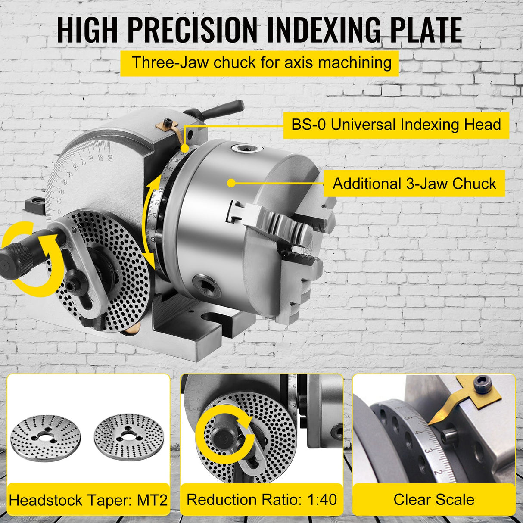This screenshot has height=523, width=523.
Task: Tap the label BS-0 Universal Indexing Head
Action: tap(396, 125)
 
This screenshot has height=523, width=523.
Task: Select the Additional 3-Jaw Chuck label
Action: tap(414, 184)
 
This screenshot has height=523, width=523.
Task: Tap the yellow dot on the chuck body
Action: tap(231, 183)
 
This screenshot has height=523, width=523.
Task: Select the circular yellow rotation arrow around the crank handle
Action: tap(32, 258)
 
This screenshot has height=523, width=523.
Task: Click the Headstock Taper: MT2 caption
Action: tap(88, 501)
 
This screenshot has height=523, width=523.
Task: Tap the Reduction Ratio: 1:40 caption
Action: tap(261, 500)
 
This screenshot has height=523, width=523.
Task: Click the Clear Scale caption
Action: tap(433, 500)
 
